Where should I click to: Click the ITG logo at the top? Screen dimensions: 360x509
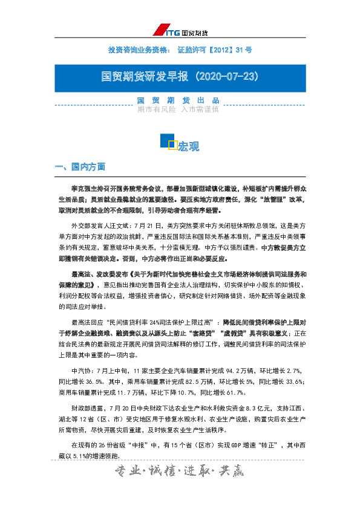point(180,31)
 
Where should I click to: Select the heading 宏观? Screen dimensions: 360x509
point(189,146)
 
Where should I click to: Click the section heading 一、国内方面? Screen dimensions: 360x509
point(80,166)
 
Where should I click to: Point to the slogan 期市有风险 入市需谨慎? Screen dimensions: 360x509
point(177,109)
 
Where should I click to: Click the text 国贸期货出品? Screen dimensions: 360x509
point(177,100)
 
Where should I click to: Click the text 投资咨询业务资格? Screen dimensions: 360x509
point(134,49)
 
